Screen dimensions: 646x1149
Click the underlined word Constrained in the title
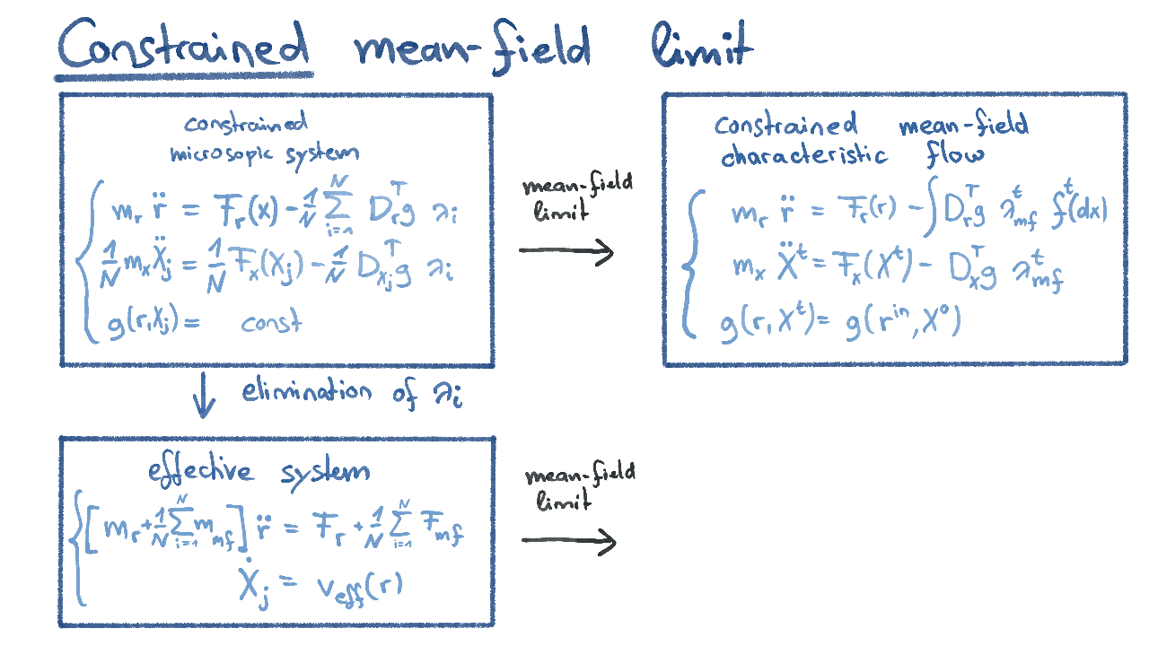(x=184, y=45)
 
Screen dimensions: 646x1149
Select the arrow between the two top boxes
(x=566, y=252)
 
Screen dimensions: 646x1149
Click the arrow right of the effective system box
(x=569, y=541)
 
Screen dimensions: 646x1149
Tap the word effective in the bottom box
(x=201, y=472)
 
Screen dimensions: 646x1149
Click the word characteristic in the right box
(x=803, y=155)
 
